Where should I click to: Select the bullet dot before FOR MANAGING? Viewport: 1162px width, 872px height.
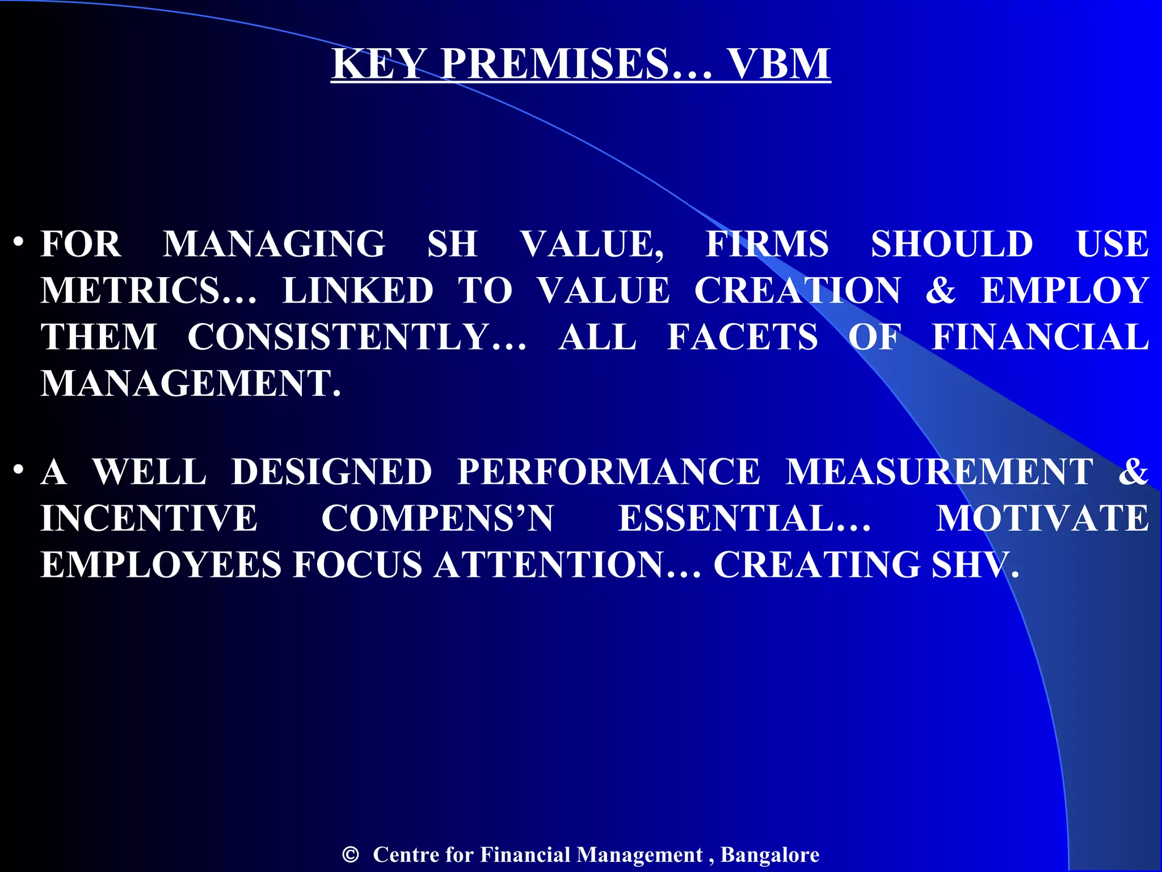tap(19, 242)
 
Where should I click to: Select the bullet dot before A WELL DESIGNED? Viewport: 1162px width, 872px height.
tap(19, 470)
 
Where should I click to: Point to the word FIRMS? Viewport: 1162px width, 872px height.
tap(767, 244)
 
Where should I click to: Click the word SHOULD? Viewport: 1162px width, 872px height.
tap(952, 244)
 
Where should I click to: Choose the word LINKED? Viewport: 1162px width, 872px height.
tap(358, 291)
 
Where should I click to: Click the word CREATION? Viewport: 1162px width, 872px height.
tap(797, 291)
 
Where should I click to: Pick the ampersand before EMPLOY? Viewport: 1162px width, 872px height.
tap(940, 291)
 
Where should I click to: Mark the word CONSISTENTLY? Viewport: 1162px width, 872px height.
tap(357, 337)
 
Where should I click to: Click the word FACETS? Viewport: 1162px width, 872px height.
tap(742, 337)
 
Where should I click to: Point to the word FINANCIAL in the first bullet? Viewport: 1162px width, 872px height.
tap(1040, 337)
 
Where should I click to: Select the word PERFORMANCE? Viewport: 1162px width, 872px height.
tap(608, 472)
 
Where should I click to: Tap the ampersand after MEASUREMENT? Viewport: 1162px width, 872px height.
tap(1133, 472)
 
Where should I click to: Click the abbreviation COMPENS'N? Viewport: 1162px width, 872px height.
tap(437, 518)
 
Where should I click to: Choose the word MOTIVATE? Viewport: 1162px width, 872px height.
tap(1042, 518)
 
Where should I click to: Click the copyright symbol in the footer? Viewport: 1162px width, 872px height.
tap(351, 854)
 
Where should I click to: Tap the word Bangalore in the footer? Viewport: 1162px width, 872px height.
tap(769, 854)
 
